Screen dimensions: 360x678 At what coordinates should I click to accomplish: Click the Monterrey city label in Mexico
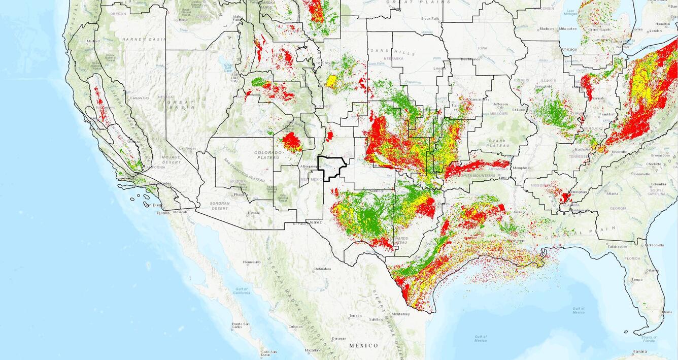click(400, 314)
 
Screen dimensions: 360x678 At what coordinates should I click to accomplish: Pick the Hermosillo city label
click(251, 262)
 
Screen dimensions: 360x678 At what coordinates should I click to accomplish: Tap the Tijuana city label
click(162, 213)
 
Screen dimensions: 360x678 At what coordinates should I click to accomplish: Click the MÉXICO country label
click(363, 345)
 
